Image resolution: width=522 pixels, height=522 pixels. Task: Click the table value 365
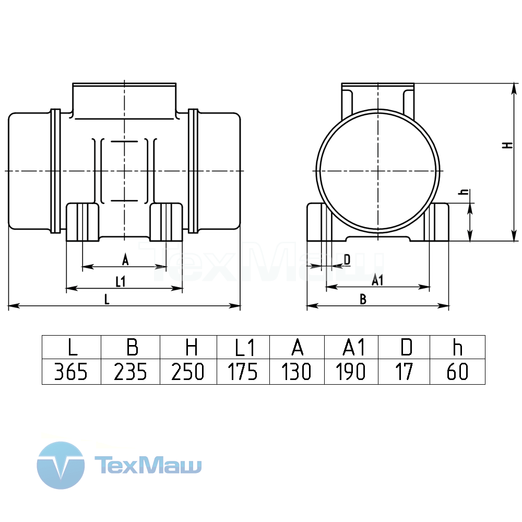pos(71,372)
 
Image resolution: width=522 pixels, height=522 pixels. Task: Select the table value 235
pos(130,372)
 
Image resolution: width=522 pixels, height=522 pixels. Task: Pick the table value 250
pos(188,372)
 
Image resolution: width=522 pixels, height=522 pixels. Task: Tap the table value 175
pos(243,372)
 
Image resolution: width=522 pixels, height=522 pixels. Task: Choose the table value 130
pos(296,372)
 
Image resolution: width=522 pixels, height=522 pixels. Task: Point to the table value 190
pos(351,372)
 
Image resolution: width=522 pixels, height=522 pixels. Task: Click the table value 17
pos(404,372)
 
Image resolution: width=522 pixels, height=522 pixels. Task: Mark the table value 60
pos(457,372)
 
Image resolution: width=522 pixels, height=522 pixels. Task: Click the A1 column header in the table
pos(354,347)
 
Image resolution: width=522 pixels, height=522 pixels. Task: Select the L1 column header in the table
pos(245,347)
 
